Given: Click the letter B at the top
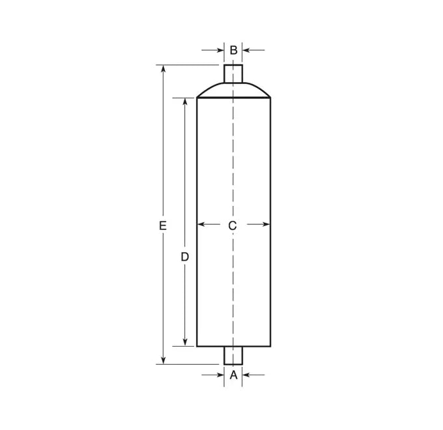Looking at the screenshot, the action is (x=233, y=50).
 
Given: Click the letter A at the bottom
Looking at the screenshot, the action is (x=233, y=375).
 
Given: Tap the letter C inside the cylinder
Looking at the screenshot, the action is (x=232, y=225).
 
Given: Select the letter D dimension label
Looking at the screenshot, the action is (x=184, y=257).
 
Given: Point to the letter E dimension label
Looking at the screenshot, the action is (x=162, y=225).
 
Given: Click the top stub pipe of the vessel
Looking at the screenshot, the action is (x=233, y=74).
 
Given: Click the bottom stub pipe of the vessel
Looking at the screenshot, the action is (x=233, y=356).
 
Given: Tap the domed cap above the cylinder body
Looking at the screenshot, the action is (x=233, y=90).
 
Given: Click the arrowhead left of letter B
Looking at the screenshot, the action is (x=220, y=50).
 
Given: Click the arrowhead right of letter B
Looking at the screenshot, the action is (x=247, y=50).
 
